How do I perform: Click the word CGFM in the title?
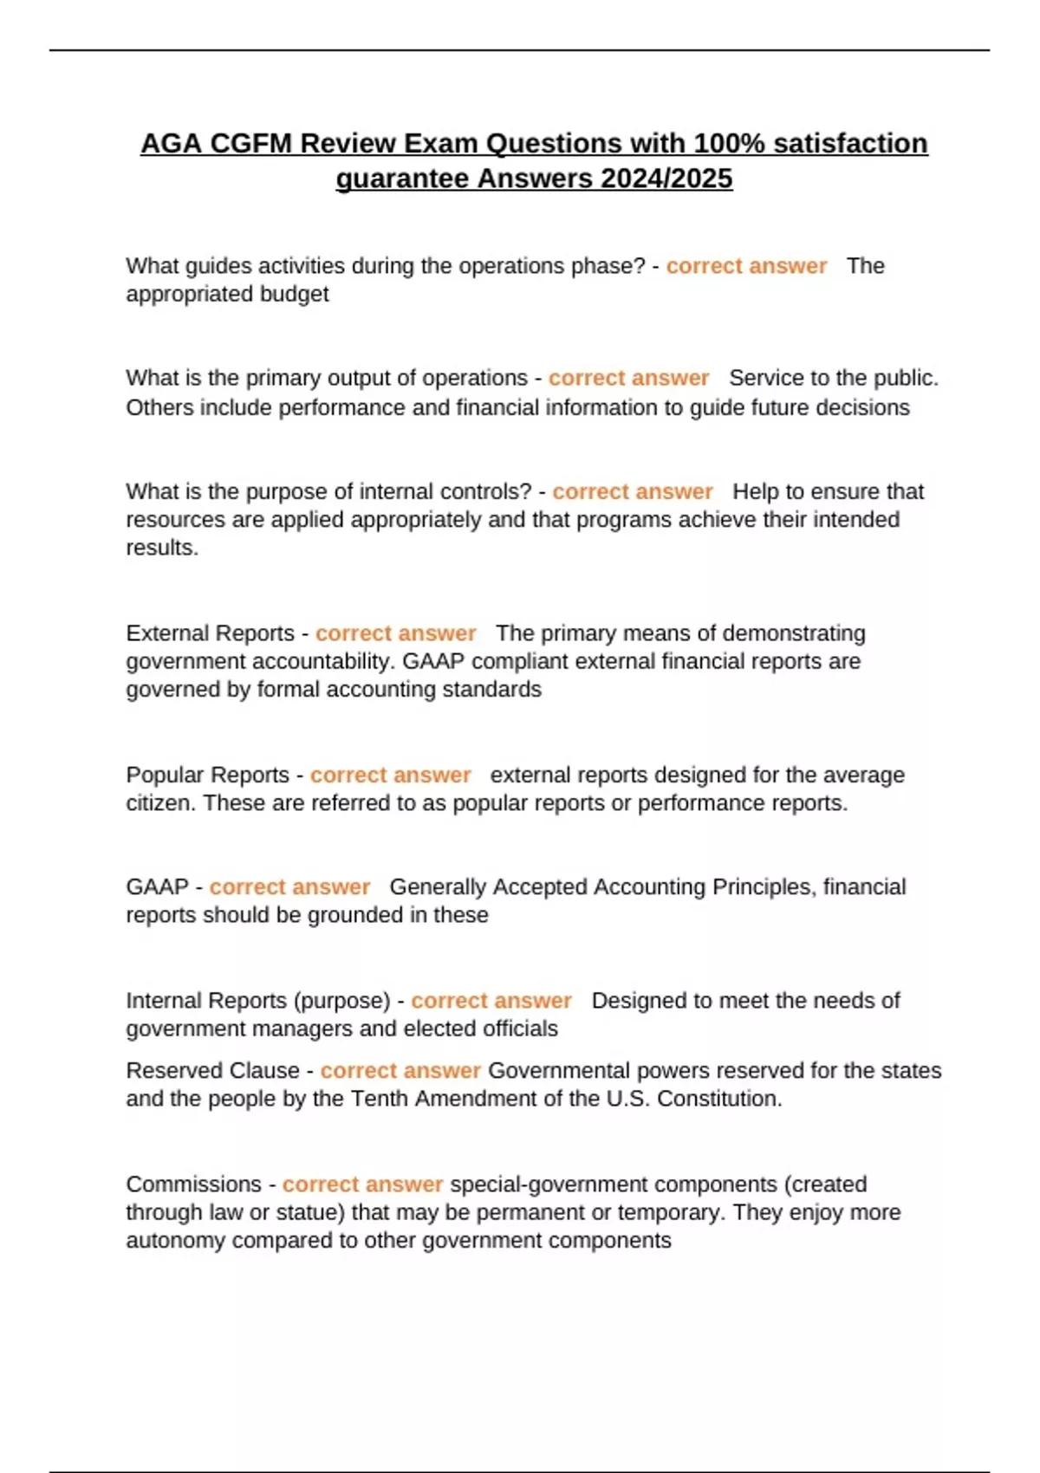250,143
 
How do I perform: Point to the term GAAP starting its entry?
157,887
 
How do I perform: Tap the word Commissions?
193,1184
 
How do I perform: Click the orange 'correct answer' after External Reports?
395,633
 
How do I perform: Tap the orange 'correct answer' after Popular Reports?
390,775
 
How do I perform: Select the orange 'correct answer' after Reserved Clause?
400,1071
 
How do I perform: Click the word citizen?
161,803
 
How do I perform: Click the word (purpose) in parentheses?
342,1001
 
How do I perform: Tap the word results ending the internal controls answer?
161,548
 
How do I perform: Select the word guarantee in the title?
402,178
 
